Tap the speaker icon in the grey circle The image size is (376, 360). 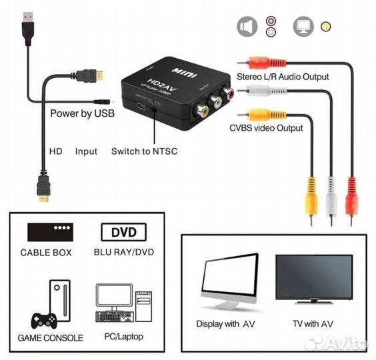(x=247, y=27)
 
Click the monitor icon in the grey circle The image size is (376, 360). (x=303, y=27)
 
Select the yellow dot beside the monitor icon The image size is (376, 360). (x=325, y=27)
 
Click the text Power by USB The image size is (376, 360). (x=82, y=113)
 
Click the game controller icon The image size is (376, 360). (x=38, y=319)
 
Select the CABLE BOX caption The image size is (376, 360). (x=46, y=253)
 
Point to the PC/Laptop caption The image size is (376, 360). (x=124, y=337)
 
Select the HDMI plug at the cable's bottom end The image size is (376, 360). (x=43, y=190)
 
